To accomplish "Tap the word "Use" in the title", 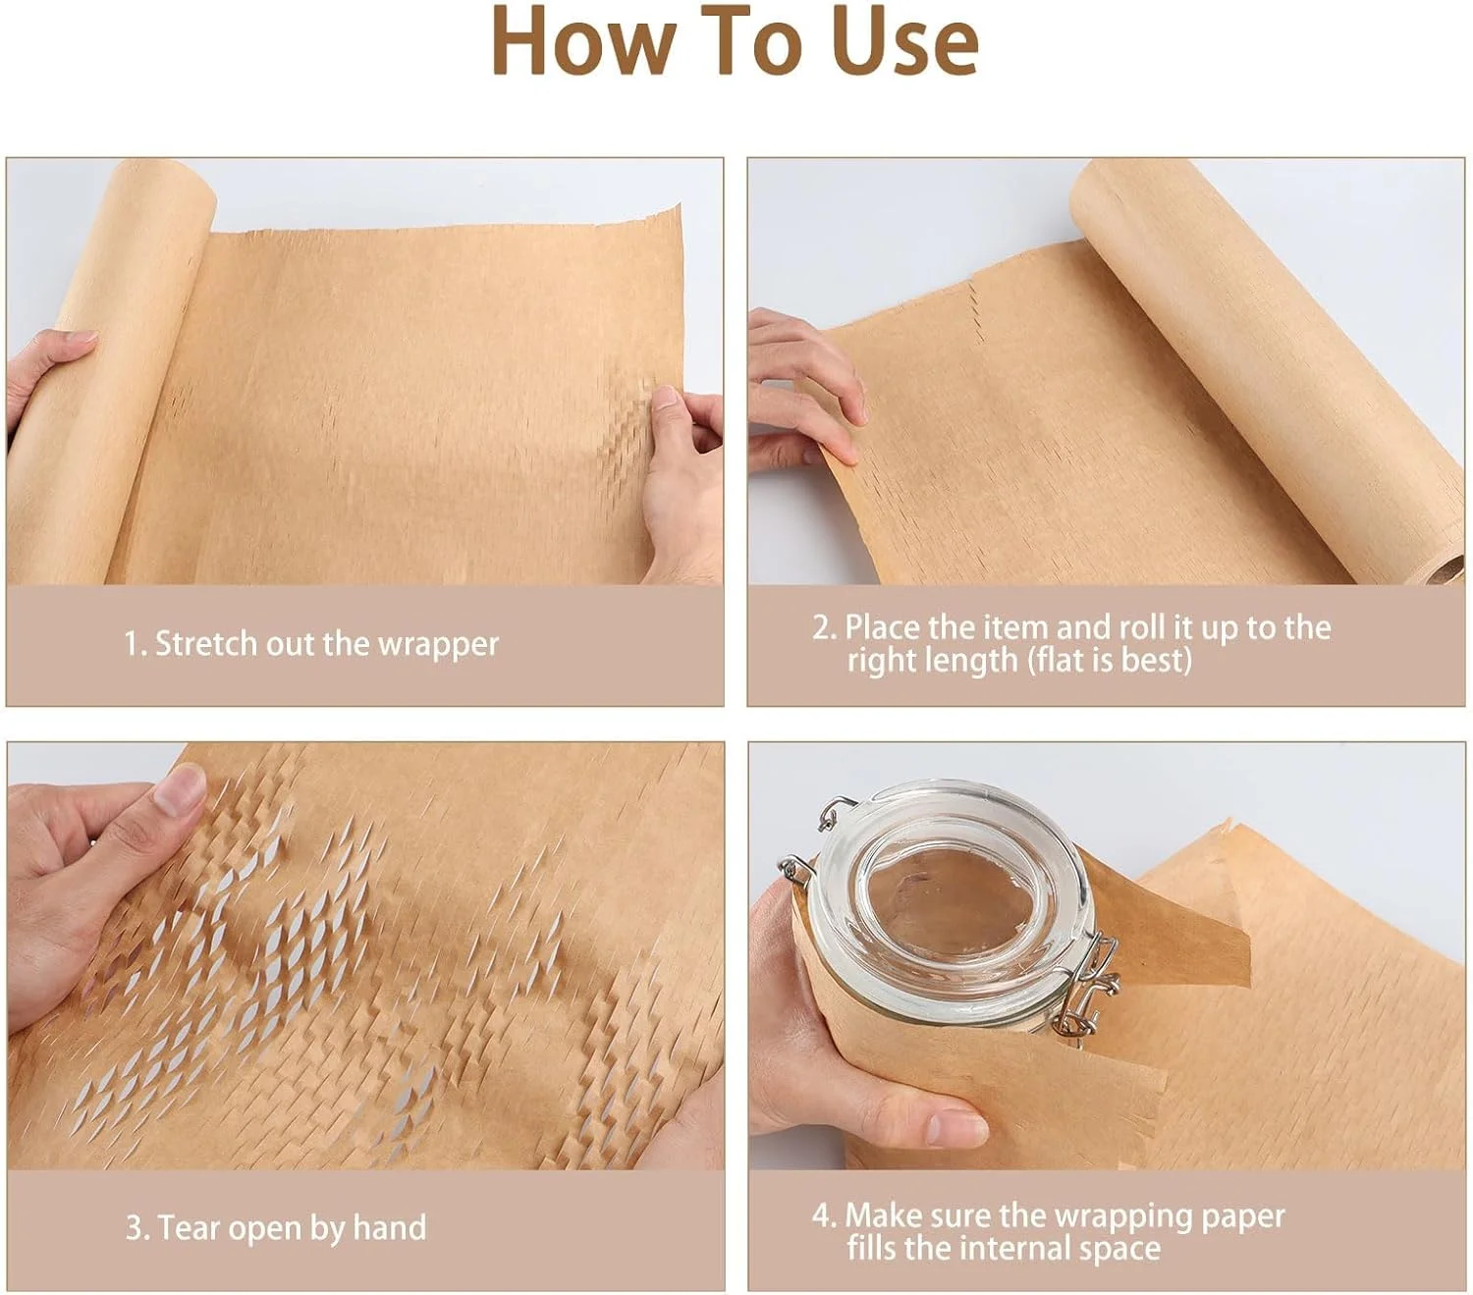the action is point(903,40).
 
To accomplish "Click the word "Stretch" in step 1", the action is point(206,643).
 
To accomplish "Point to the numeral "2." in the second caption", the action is point(825,627).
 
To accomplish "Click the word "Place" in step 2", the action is point(883,626).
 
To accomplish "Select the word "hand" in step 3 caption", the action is point(389,1227).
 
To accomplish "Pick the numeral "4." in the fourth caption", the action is point(825,1215).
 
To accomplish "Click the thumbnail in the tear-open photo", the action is point(181,791).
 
